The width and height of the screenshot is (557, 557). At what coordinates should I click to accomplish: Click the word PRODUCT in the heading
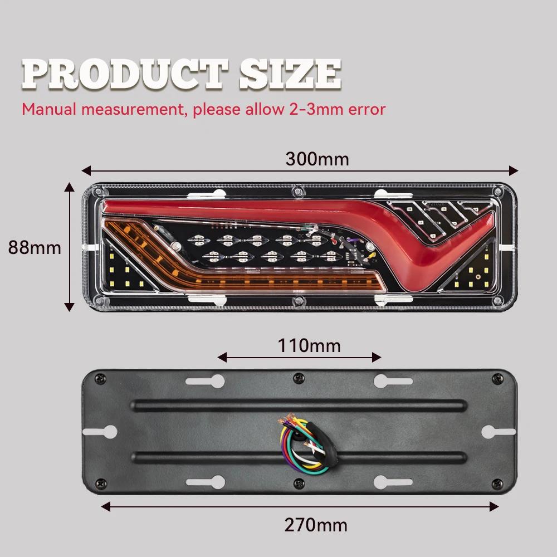click(x=124, y=74)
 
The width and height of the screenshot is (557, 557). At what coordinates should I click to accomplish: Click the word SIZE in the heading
click(x=290, y=74)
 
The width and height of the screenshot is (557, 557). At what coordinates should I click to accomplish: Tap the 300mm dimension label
click(x=317, y=159)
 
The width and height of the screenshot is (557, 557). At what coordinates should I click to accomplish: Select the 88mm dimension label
click(x=35, y=248)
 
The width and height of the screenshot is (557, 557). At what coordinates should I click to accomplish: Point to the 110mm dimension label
click(x=309, y=346)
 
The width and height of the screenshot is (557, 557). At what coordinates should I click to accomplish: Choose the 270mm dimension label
click(x=316, y=525)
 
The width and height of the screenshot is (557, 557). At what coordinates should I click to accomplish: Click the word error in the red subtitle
click(x=367, y=109)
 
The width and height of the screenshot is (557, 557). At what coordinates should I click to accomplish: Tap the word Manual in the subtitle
click(x=49, y=109)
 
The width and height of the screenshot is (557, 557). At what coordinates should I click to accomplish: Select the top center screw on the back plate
click(x=299, y=378)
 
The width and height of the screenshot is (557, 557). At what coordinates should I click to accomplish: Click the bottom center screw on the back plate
click(x=299, y=483)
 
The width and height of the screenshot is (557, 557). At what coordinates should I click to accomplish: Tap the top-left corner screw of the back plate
click(x=100, y=379)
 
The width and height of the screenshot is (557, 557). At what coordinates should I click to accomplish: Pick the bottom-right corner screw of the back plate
click(x=497, y=483)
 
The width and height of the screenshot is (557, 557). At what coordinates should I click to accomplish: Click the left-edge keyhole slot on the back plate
click(x=100, y=432)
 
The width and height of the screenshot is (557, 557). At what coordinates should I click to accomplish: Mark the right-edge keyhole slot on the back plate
click(x=499, y=432)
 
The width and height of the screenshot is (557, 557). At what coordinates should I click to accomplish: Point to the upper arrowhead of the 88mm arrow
click(x=69, y=187)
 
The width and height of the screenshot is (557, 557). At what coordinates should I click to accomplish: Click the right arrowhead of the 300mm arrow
click(x=514, y=170)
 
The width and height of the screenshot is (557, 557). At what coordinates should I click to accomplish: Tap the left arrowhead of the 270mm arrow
click(x=106, y=506)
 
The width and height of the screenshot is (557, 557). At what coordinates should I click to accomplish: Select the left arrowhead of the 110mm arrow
click(x=222, y=358)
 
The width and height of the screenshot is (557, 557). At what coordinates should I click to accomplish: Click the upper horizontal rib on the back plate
click(x=299, y=405)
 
